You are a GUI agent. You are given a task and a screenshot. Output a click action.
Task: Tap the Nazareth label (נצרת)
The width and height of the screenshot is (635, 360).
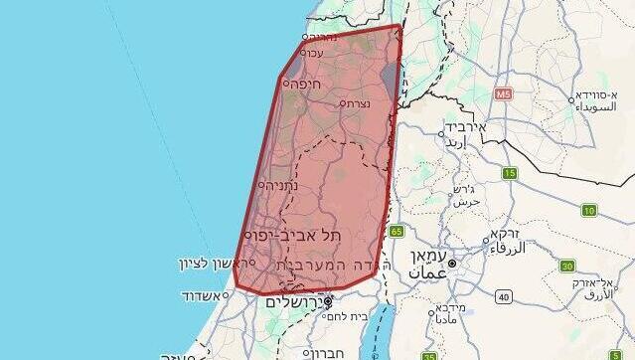(x=358, y=103)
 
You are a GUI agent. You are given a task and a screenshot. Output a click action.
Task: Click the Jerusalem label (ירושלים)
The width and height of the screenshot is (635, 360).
(x=297, y=298)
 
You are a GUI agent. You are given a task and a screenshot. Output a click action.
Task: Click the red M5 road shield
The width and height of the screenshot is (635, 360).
(x=503, y=94)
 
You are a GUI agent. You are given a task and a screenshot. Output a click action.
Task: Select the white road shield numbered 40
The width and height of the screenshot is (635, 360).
(x=504, y=296)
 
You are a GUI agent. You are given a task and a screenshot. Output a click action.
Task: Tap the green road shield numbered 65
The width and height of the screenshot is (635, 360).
(x=397, y=231)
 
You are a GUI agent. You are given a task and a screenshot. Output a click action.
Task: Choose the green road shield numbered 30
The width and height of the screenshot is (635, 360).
(x=567, y=266)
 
